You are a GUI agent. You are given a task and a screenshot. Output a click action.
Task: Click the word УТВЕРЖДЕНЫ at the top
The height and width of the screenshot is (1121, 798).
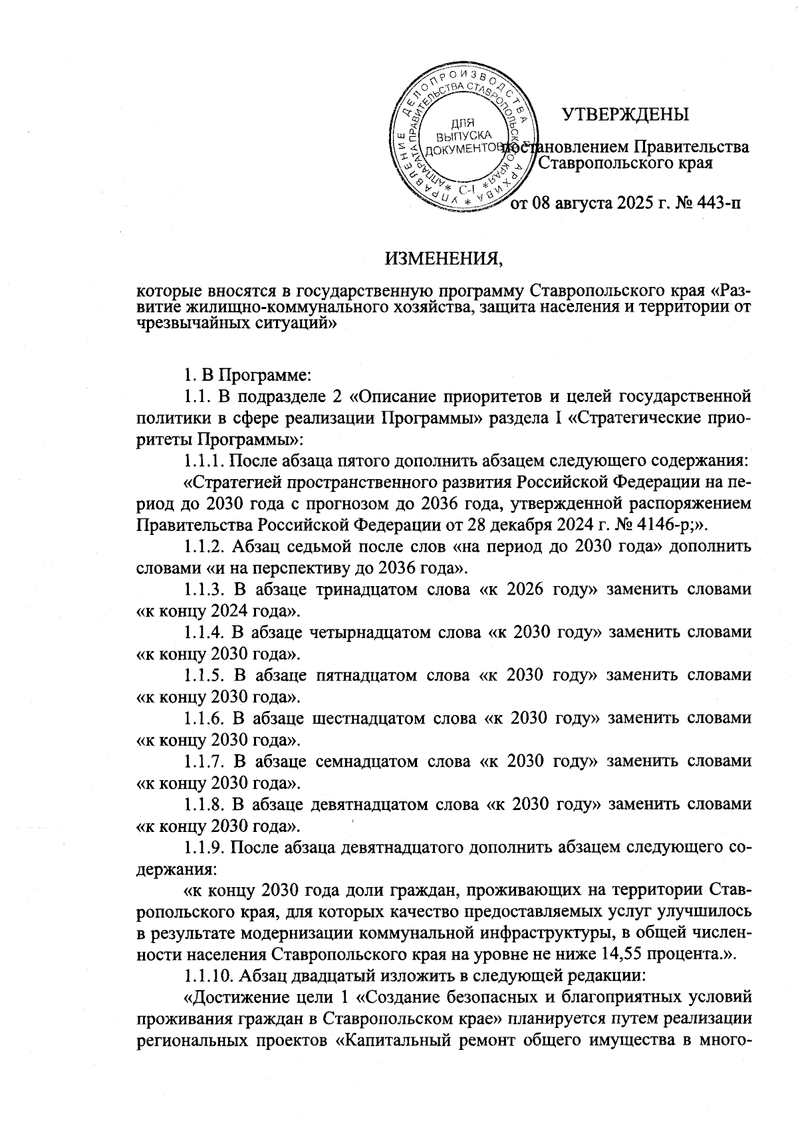tap(626, 114)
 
